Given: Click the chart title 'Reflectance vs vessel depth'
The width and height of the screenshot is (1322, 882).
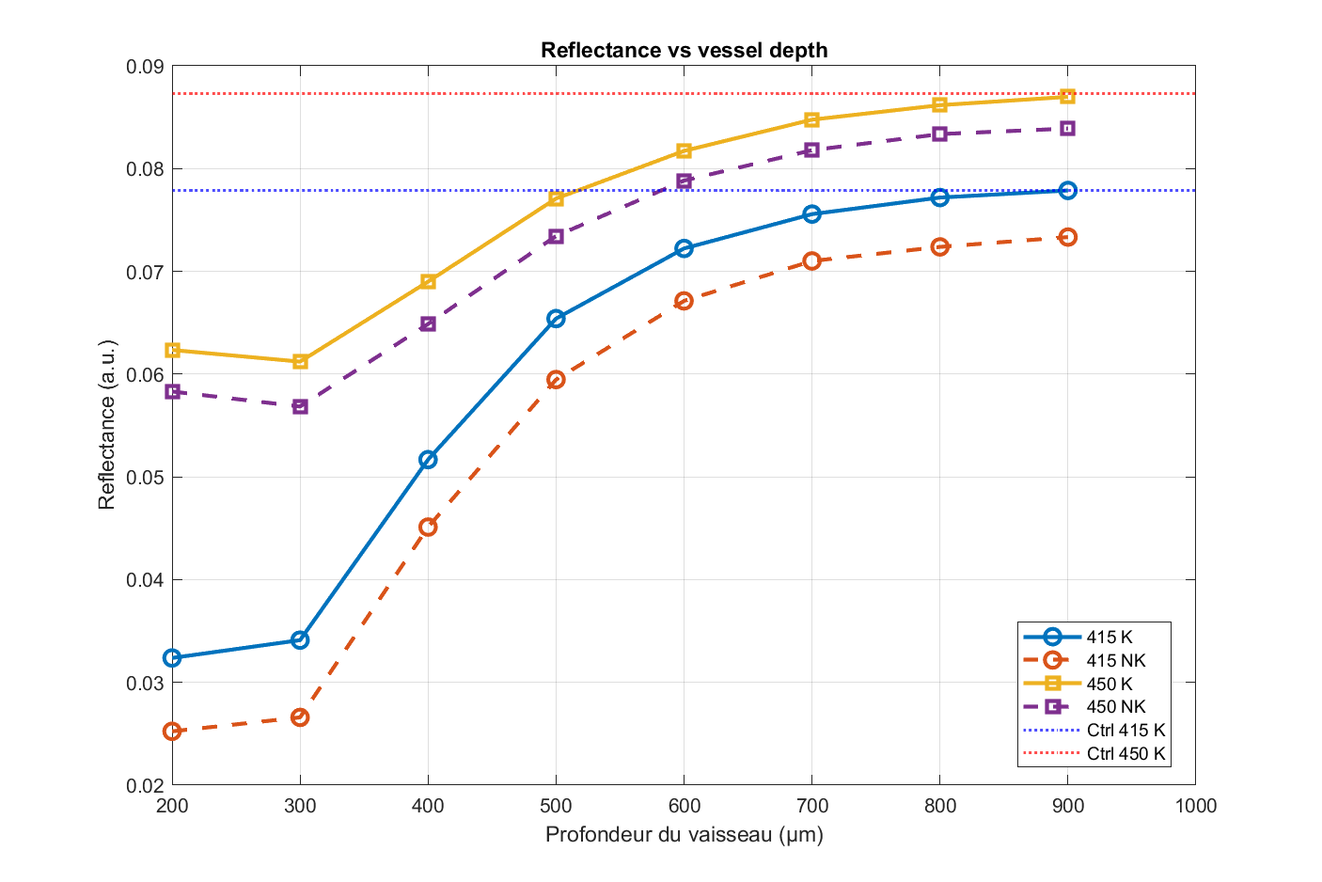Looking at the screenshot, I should click(x=684, y=50).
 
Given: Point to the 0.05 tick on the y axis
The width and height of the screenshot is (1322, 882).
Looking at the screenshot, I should click(x=145, y=478).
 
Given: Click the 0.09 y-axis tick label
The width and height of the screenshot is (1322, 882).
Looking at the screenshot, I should click(x=145, y=67).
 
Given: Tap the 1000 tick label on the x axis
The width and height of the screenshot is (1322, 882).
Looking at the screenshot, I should click(x=1195, y=806).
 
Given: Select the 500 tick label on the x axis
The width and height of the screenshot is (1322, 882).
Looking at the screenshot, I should click(x=556, y=806).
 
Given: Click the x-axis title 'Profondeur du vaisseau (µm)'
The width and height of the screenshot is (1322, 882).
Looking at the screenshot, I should click(x=684, y=834).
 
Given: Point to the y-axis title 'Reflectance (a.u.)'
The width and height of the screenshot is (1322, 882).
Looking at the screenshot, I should click(x=107, y=425).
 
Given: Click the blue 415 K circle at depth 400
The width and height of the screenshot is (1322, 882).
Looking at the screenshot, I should click(x=428, y=460).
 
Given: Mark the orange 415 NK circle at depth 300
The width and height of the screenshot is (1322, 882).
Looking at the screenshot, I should click(x=300, y=717).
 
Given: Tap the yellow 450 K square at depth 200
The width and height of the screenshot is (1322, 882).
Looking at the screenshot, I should click(x=172, y=350).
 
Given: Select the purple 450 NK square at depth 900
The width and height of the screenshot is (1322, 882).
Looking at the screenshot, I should click(x=1067, y=128).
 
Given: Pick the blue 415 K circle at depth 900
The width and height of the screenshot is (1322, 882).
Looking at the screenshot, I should click(x=1067, y=190).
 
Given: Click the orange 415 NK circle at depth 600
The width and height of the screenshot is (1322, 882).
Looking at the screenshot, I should click(x=684, y=301).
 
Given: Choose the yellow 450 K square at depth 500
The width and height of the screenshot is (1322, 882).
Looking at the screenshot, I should click(x=556, y=198).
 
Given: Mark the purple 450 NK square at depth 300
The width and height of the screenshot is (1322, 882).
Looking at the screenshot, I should click(x=300, y=406).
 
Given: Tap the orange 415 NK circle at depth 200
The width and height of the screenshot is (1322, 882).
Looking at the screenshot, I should click(x=172, y=731).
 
